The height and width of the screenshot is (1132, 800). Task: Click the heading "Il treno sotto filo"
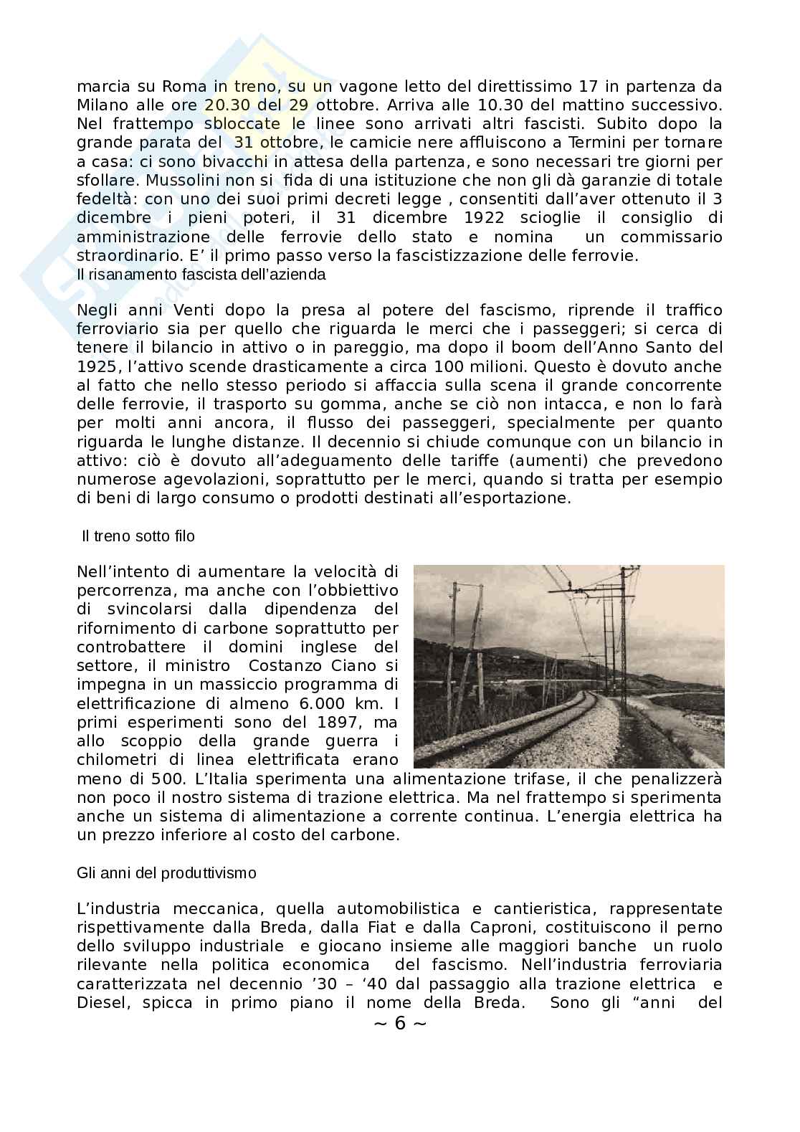coord(138,536)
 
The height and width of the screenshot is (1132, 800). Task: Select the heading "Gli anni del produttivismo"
coord(166,873)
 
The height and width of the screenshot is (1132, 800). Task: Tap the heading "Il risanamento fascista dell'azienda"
coord(201,275)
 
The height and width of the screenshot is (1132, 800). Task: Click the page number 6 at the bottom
coord(400,1024)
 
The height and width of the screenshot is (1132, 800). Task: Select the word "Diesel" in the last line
coord(103,1002)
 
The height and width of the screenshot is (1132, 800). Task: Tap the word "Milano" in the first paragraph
coord(103,105)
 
